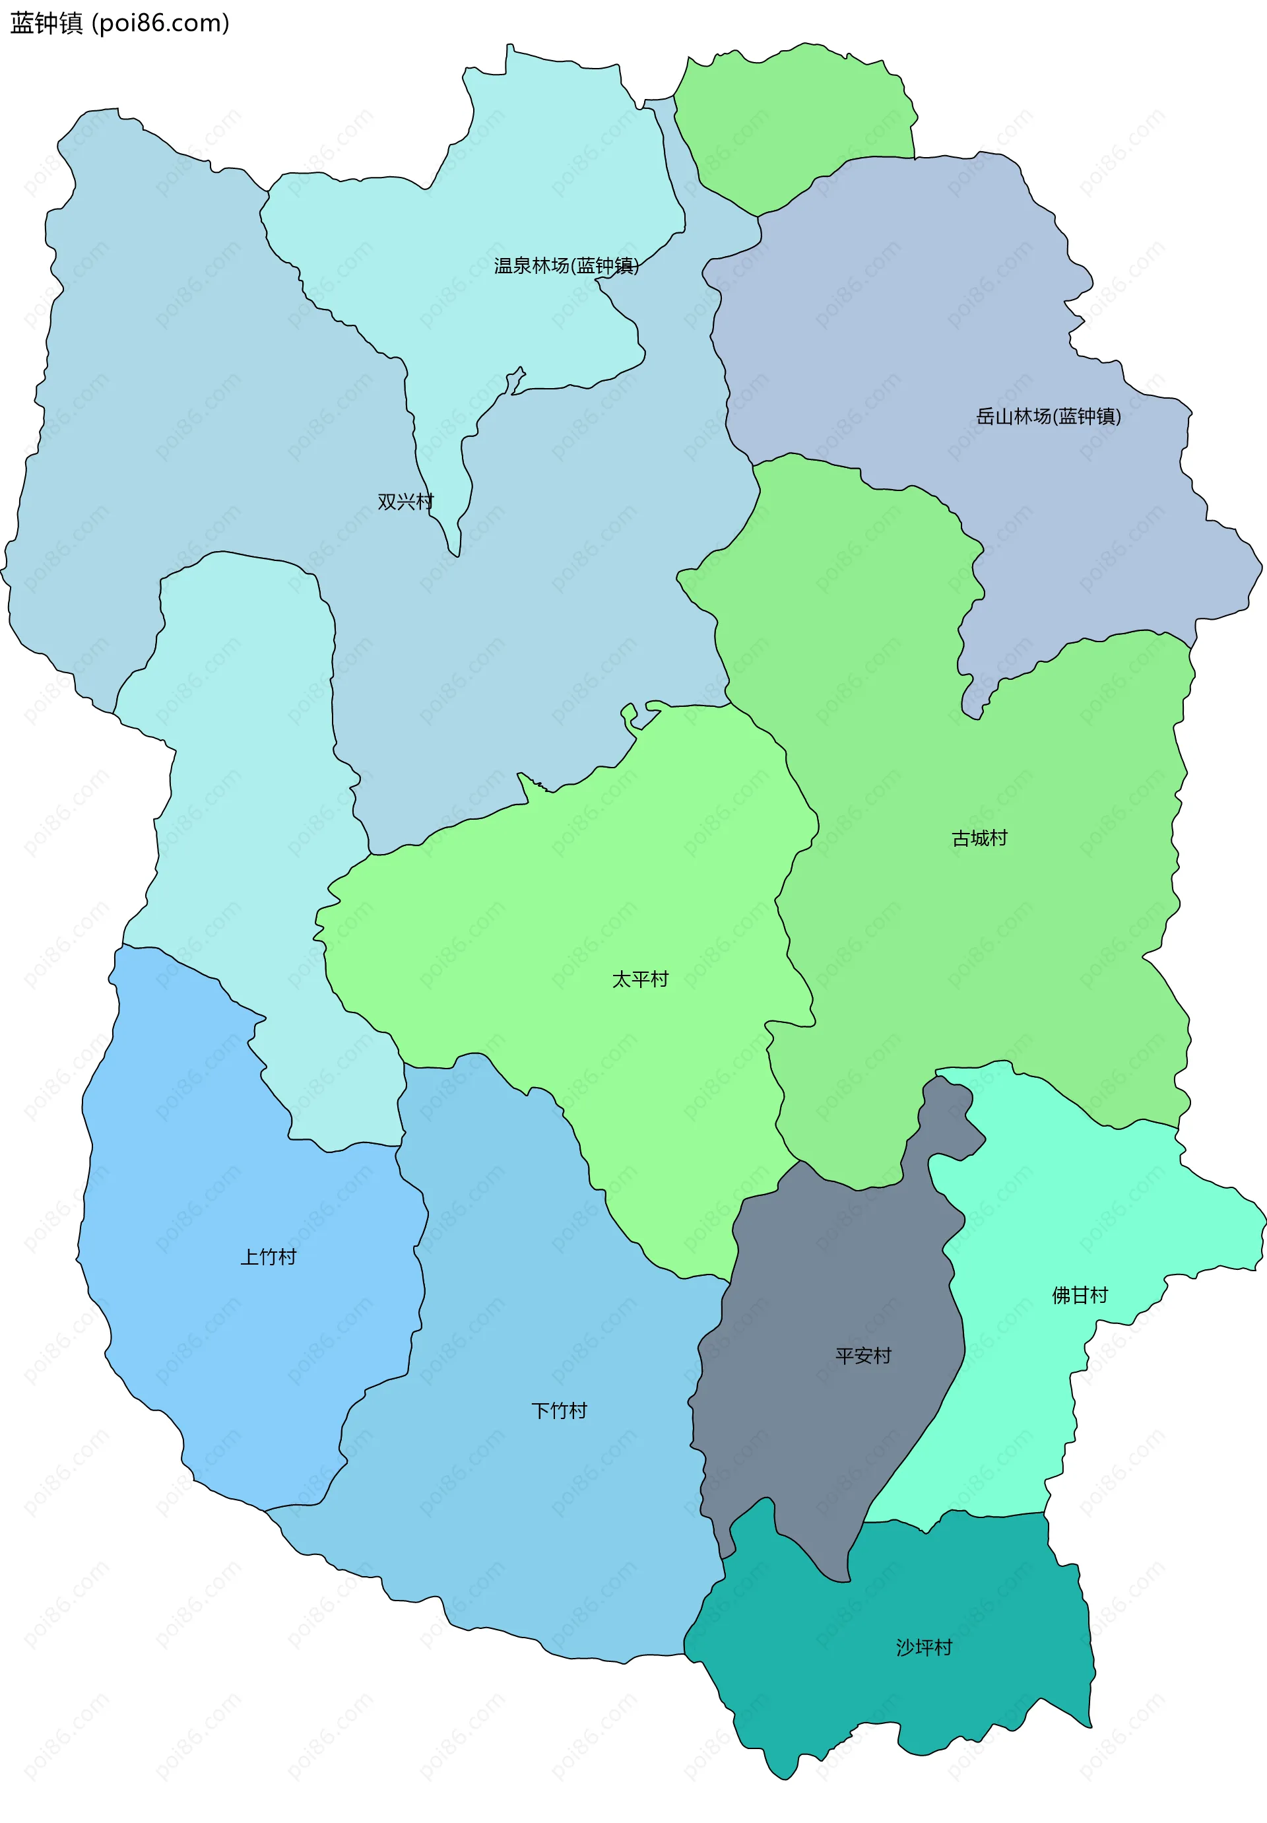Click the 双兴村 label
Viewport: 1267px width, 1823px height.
[x=405, y=502]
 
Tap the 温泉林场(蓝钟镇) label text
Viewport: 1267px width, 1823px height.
[x=566, y=266]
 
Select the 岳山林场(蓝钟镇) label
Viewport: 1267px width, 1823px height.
[x=1048, y=417]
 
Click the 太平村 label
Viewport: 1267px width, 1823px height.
[x=640, y=979]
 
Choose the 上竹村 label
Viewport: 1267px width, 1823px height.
[x=269, y=1257]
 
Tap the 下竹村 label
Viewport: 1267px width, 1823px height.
[x=559, y=1411]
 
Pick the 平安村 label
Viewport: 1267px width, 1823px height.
[x=863, y=1355]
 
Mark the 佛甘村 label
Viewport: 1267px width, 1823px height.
[x=1080, y=1296]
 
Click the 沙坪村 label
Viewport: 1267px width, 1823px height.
[x=924, y=1647]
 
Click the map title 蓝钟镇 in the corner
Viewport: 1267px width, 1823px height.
[x=46, y=24]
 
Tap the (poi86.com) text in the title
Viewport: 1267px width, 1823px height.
[x=161, y=24]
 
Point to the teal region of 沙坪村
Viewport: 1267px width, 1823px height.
[x=913, y=1707]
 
